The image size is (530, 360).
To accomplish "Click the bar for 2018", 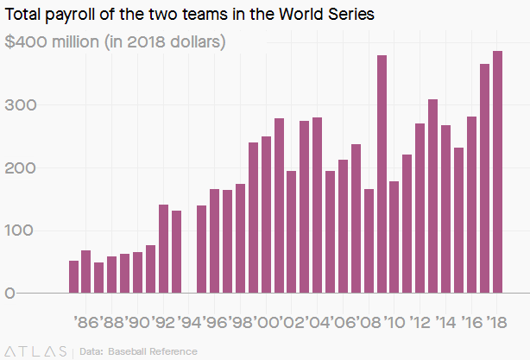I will [x=497, y=172].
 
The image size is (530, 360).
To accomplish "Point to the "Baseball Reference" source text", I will [x=151, y=351].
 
